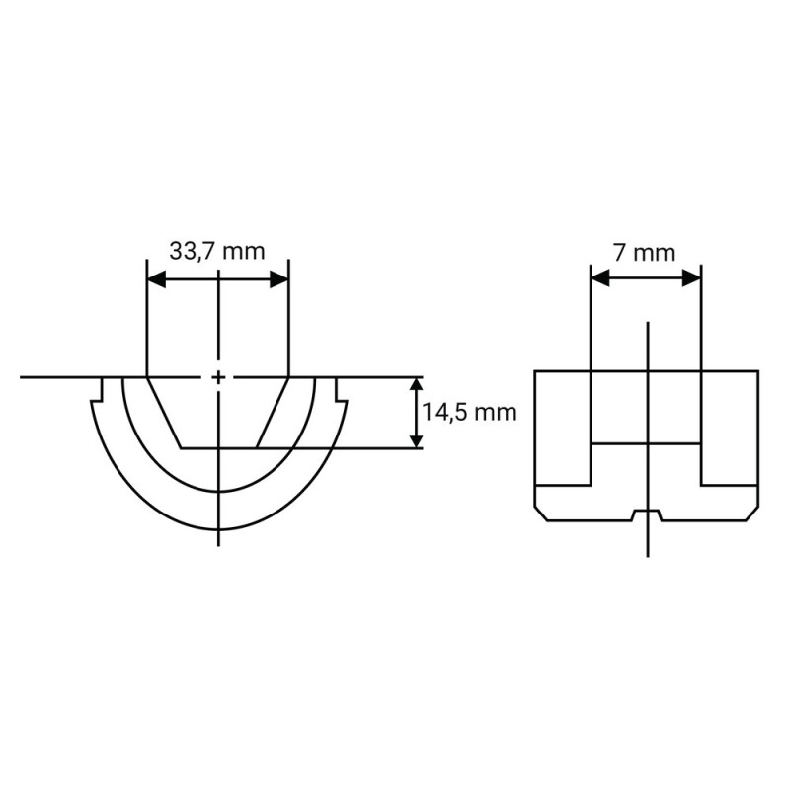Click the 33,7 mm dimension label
(x=217, y=251)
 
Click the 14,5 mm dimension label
(x=470, y=412)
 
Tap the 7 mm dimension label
(x=645, y=253)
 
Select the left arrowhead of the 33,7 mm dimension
(x=156, y=279)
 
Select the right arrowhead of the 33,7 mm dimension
(x=279, y=279)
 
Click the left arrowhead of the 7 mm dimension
(x=600, y=277)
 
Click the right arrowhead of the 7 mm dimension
(x=692, y=277)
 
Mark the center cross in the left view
(x=218, y=377)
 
